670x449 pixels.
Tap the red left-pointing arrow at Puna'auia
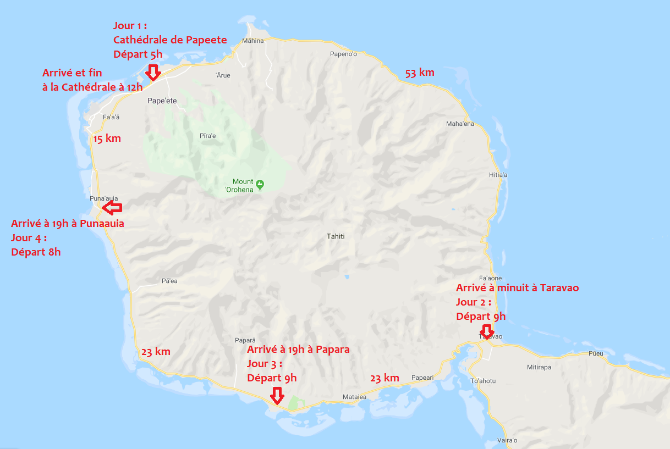point(112,208)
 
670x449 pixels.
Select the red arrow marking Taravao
point(487,331)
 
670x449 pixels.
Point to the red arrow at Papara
point(277,396)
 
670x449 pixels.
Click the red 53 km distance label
point(420,73)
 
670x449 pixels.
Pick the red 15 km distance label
point(107,138)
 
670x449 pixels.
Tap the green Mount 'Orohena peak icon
point(260,183)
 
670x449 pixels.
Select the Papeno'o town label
point(344,54)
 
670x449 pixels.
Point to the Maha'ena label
point(460,124)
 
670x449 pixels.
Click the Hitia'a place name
point(498,175)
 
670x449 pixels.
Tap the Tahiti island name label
point(336,236)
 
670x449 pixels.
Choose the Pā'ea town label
point(169,281)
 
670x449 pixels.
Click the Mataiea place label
point(354,396)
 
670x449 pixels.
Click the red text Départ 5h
point(138,54)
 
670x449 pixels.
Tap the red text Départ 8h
point(36,252)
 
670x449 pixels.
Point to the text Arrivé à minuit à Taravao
point(517,287)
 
